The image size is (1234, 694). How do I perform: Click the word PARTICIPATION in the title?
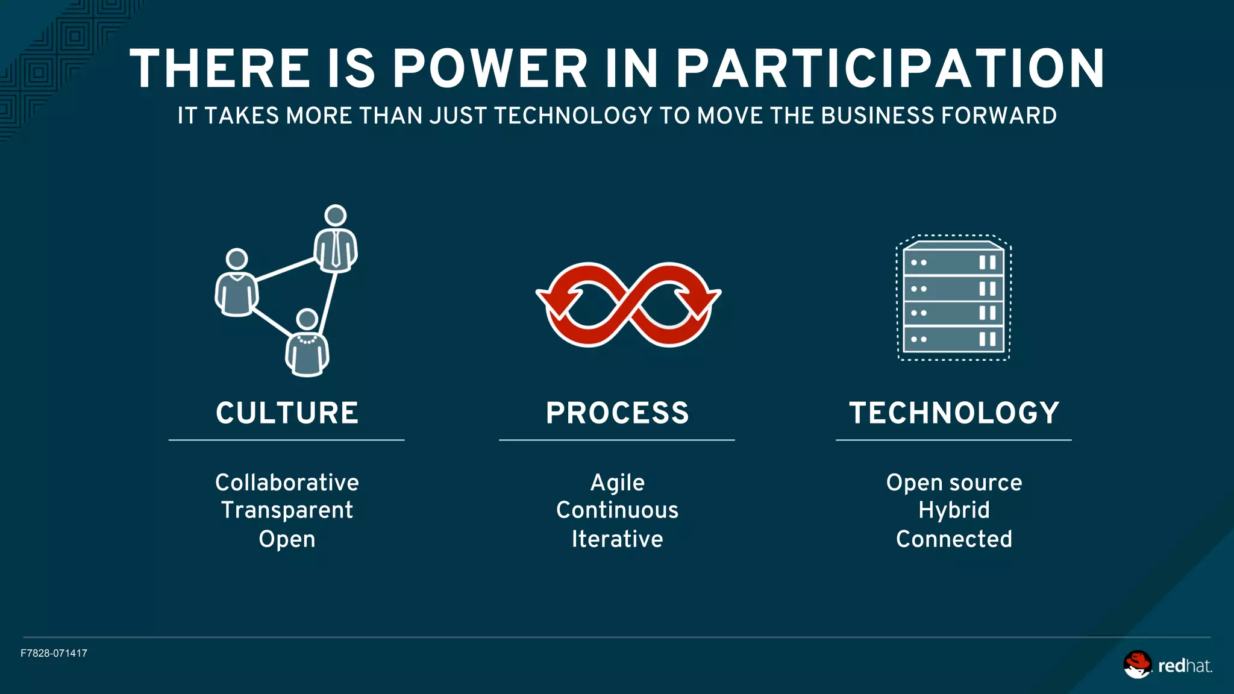pyautogui.click(x=890, y=69)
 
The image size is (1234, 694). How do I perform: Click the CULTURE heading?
pyautogui.click(x=287, y=413)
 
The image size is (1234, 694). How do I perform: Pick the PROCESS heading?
pyautogui.click(x=617, y=413)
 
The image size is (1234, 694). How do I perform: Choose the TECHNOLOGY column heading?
pyautogui.click(x=954, y=413)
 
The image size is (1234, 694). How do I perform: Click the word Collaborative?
pyautogui.click(x=287, y=483)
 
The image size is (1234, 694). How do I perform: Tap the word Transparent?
pyautogui.click(x=287, y=510)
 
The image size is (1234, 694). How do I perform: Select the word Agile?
pyautogui.click(x=617, y=483)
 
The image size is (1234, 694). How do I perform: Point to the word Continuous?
pyautogui.click(x=617, y=510)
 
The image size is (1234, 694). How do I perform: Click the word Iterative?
pyautogui.click(x=617, y=539)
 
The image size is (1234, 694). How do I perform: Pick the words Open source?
pyautogui.click(x=954, y=483)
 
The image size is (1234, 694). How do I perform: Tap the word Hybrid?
pyautogui.click(x=954, y=510)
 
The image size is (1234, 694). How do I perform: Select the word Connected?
pyautogui.click(x=954, y=539)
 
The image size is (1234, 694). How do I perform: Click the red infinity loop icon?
pyautogui.click(x=628, y=305)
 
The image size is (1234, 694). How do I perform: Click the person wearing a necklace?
pyautogui.click(x=307, y=343)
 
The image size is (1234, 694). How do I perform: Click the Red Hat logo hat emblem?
pyautogui.click(x=1137, y=664)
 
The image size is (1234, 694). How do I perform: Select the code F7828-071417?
pyautogui.click(x=54, y=654)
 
